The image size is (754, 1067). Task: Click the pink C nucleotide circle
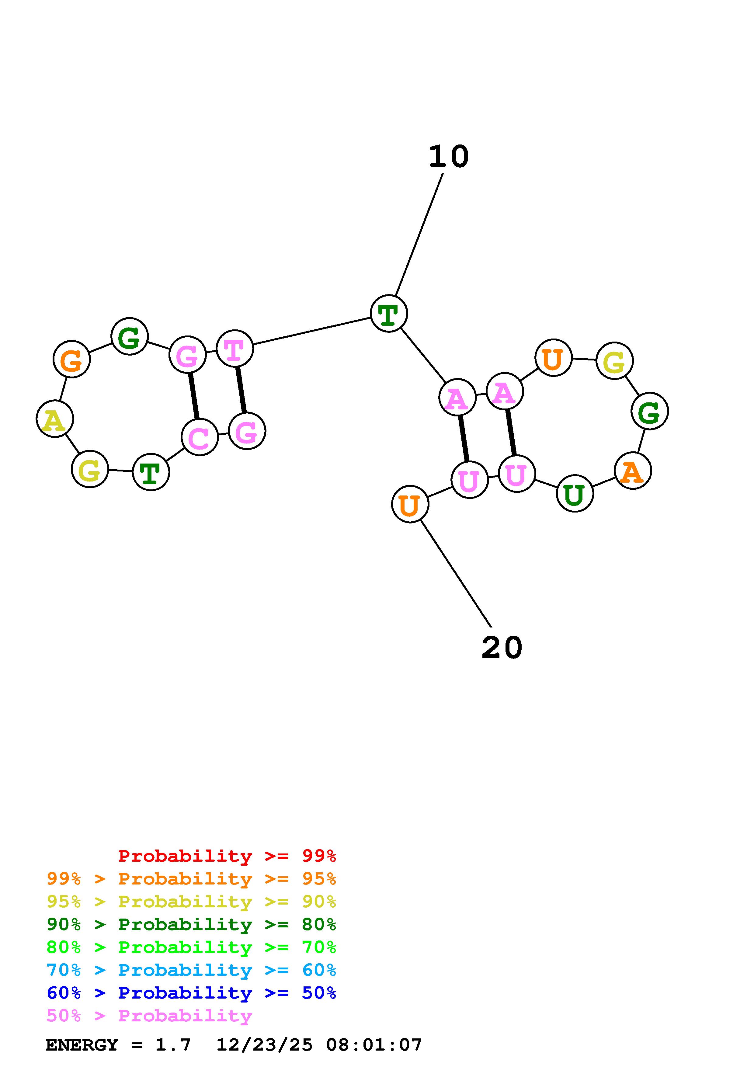click(200, 437)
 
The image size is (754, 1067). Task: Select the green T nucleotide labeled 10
click(389, 314)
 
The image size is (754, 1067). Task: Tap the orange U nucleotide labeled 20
click(410, 504)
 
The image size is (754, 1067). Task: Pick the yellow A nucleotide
click(55, 419)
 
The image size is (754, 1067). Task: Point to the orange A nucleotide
click(632, 471)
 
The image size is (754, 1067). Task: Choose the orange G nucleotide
click(71, 359)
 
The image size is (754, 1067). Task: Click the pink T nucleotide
click(235, 349)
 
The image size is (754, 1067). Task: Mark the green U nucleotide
click(575, 494)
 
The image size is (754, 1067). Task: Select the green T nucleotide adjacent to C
click(151, 472)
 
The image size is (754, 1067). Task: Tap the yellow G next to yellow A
click(90, 469)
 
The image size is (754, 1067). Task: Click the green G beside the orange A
click(649, 411)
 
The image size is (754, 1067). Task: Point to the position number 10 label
click(448, 157)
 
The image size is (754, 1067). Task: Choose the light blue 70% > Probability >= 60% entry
click(191, 970)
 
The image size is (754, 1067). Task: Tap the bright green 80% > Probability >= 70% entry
click(191, 947)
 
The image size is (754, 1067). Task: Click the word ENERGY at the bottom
click(82, 1045)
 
